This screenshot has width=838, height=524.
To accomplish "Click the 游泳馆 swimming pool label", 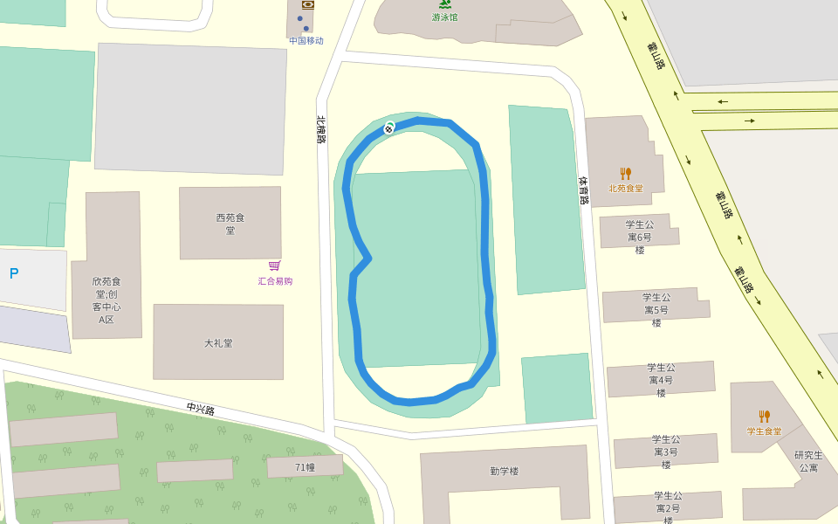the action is pyautogui.click(x=444, y=17).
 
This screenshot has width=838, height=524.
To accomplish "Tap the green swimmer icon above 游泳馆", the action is pyautogui.click(x=445, y=4).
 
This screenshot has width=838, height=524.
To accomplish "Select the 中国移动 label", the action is pyautogui.click(x=306, y=40).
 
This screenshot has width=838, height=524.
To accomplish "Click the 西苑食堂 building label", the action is pyautogui.click(x=230, y=224).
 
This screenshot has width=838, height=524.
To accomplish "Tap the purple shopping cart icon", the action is pyautogui.click(x=275, y=265).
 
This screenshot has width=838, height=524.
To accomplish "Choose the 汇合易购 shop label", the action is pyautogui.click(x=275, y=281).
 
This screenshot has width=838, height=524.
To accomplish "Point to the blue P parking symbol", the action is pyautogui.click(x=14, y=273).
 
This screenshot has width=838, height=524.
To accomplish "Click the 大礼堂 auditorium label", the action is pyautogui.click(x=218, y=343).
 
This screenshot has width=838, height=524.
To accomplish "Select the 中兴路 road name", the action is pyautogui.click(x=201, y=409).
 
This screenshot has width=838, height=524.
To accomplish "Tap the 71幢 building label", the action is pyautogui.click(x=305, y=467).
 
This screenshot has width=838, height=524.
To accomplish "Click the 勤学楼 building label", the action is pyautogui.click(x=504, y=471).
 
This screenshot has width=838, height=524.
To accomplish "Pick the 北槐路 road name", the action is pyautogui.click(x=321, y=129).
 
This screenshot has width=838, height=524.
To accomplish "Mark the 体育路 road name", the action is pyautogui.click(x=584, y=190).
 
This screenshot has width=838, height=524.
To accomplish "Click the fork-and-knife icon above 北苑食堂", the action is pyautogui.click(x=625, y=173).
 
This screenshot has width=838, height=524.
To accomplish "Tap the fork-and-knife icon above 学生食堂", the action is pyautogui.click(x=764, y=417).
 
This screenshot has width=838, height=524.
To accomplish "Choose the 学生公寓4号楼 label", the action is pyautogui.click(x=661, y=380).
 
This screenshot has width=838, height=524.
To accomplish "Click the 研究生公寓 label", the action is pyautogui.click(x=808, y=461).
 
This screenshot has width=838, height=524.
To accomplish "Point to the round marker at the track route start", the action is pyautogui.click(x=389, y=128).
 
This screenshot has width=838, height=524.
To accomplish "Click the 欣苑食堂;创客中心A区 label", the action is pyautogui.click(x=106, y=300).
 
